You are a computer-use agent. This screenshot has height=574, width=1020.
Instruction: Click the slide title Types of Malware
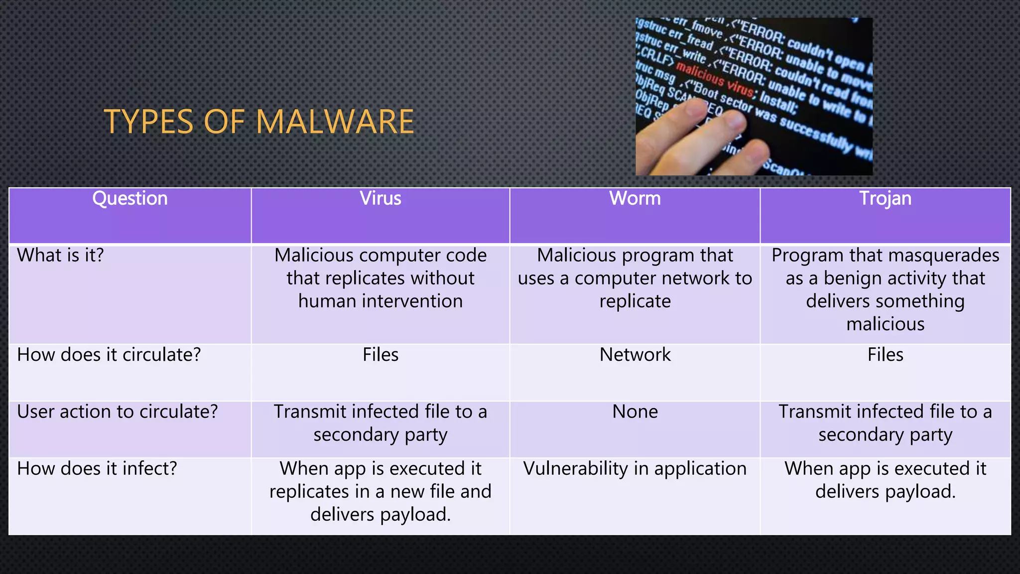258,122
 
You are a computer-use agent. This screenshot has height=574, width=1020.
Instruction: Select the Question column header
130,199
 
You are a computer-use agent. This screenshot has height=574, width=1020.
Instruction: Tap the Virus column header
381,199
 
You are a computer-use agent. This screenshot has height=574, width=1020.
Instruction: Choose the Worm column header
635,199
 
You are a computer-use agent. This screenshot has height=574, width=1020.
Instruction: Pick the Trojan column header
885,199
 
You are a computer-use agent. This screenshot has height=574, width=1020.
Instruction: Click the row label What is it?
60,256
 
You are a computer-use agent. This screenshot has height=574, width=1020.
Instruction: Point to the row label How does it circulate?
109,355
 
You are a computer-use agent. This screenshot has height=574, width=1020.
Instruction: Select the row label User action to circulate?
118,412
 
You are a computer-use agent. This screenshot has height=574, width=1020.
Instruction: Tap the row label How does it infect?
97,468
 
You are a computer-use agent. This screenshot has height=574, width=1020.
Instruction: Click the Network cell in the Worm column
635,355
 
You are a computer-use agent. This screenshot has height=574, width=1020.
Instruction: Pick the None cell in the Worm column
635,412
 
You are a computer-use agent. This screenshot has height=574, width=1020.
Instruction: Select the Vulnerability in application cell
635,468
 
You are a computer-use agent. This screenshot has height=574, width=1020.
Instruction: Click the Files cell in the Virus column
381,355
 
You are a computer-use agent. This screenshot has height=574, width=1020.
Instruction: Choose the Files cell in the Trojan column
885,355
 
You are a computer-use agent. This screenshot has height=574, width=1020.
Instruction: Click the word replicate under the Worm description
635,301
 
